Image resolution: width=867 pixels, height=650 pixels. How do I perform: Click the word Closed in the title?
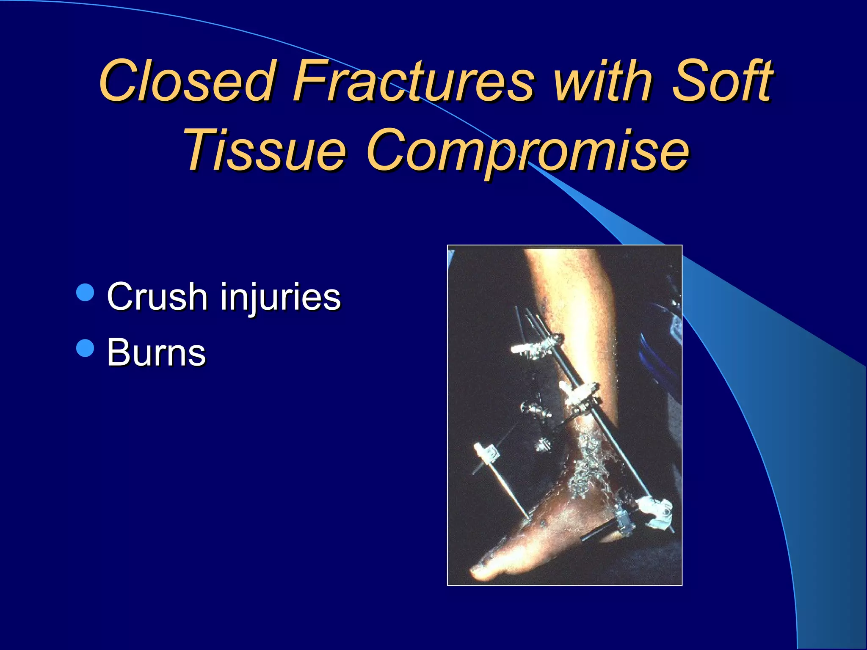[186, 81]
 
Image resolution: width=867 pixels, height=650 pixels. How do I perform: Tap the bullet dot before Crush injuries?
[86, 292]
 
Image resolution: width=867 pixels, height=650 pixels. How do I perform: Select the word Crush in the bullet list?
[156, 296]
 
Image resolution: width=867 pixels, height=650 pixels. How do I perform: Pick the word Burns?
[156, 353]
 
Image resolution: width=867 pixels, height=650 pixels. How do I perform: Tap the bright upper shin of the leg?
[567, 288]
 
